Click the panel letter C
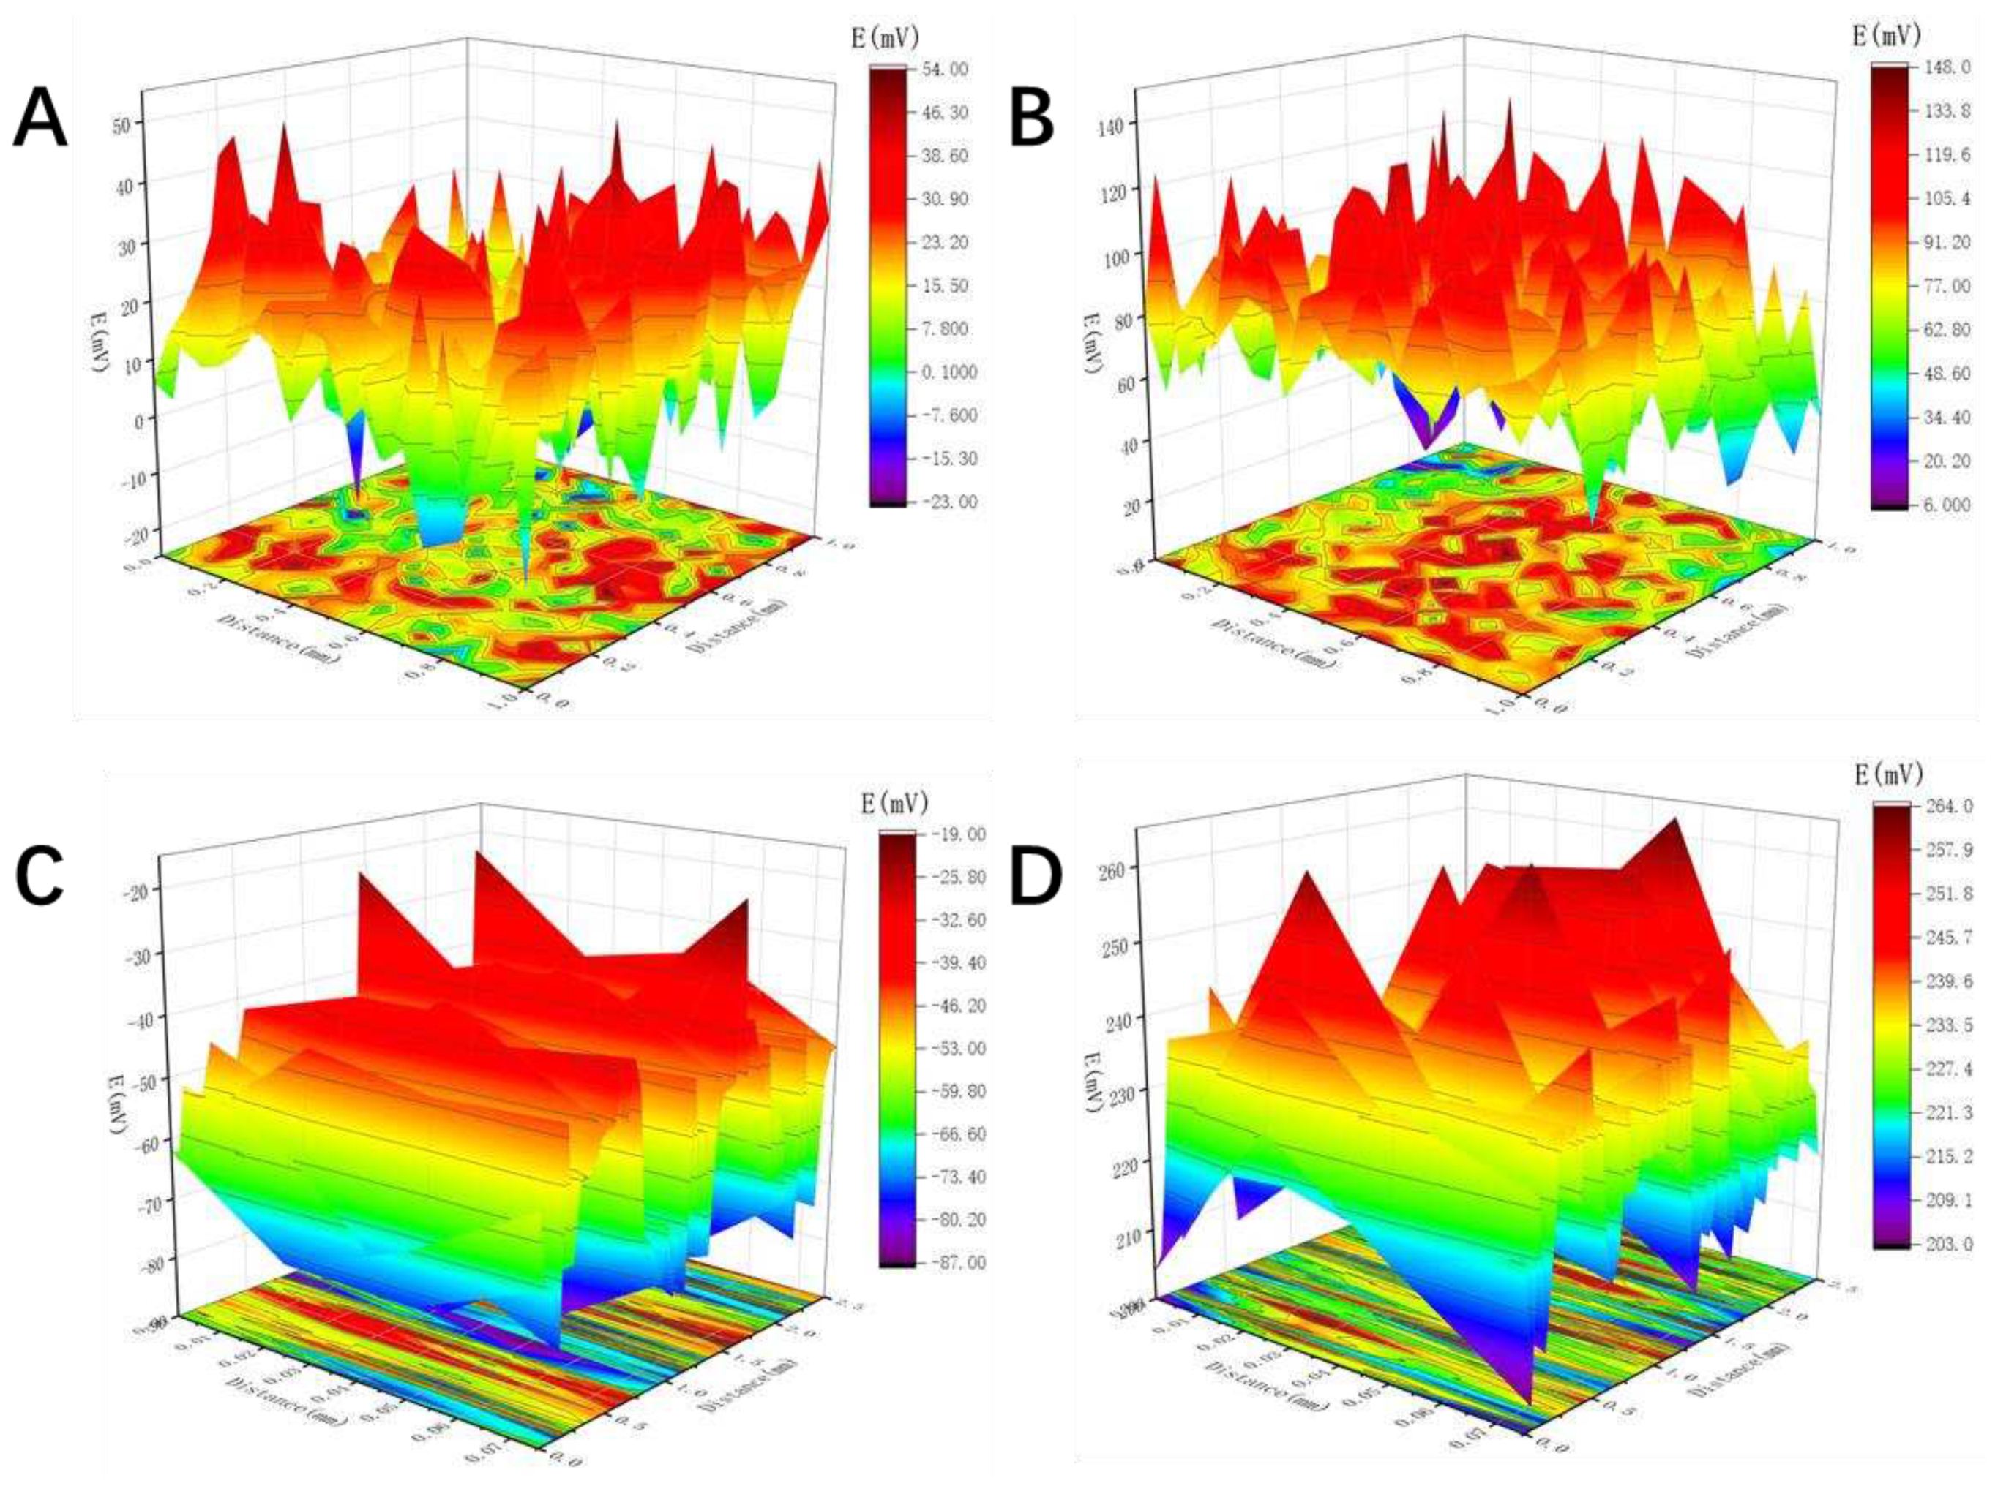coord(40,877)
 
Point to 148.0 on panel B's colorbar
coord(1946,67)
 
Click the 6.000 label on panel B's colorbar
coord(1946,505)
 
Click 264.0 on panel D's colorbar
coord(1947,806)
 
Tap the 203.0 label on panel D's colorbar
coord(1947,1244)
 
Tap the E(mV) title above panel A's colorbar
coord(884,36)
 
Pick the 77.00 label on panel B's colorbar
coord(1946,286)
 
